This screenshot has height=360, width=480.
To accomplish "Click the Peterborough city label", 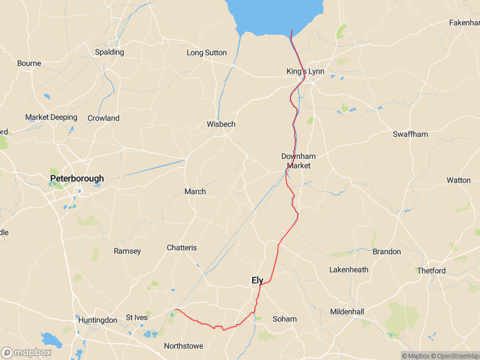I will (77, 178).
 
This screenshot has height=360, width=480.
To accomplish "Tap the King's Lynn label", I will (305, 71).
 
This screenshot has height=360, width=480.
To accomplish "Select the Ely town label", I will (257, 280).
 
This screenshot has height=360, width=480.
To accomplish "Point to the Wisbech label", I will (221, 124).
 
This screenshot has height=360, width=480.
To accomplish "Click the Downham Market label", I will (298, 161).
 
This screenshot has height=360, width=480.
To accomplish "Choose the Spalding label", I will (109, 52).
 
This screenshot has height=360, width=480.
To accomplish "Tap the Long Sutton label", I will (206, 53).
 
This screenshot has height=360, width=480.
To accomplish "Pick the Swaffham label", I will (410, 134).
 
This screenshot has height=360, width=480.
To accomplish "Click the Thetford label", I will (431, 271).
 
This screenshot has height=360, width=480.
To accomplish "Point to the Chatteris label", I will (182, 248).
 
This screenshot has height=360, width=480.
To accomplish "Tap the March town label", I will (195, 191).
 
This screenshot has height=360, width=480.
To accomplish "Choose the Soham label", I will (284, 319).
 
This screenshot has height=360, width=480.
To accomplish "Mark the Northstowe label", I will (184, 346).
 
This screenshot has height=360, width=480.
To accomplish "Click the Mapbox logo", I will (26, 352).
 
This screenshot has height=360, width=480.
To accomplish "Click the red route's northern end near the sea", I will (292, 31).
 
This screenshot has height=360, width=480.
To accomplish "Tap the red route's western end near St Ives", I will (176, 310).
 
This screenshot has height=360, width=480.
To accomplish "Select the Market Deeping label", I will (51, 117).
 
